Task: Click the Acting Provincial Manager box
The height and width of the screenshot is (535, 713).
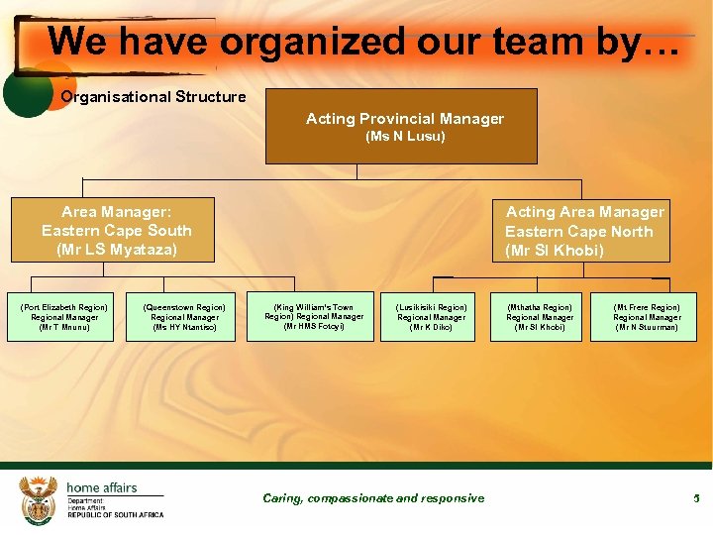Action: (401, 126)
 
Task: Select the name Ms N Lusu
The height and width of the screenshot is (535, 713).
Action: (405, 137)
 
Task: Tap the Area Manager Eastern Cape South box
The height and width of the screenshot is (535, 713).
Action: (112, 230)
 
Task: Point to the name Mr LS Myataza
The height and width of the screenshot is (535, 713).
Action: (117, 250)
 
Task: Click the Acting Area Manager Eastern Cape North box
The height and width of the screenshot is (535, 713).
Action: (583, 231)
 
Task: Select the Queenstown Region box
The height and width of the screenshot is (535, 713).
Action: (180, 317)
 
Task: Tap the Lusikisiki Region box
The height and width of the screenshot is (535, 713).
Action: (431, 317)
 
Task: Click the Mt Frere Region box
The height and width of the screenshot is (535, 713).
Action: (646, 317)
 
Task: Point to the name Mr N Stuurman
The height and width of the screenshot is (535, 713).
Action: (646, 327)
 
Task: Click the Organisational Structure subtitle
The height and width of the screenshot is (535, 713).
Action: (153, 97)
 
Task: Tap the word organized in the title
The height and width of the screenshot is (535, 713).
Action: (312, 42)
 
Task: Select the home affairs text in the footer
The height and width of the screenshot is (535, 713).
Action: (101, 487)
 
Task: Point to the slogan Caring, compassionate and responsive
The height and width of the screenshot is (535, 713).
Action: (373, 498)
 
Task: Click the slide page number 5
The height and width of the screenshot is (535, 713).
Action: (696, 497)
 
